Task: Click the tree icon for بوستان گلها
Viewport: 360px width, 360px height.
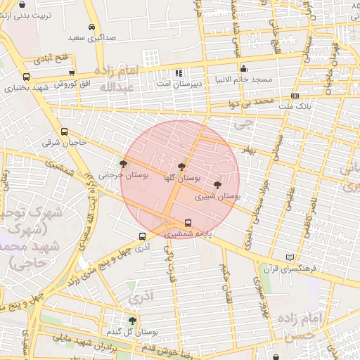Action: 182,167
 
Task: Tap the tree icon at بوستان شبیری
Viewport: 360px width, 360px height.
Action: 217,184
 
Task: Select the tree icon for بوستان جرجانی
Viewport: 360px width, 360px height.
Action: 124,164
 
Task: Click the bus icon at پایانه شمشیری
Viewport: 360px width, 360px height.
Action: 187,223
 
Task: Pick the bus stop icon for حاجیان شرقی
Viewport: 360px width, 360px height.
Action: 65,131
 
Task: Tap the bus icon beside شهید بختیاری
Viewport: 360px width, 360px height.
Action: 27,77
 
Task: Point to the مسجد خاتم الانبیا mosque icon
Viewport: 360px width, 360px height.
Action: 243,69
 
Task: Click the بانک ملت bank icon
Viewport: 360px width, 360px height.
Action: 295,96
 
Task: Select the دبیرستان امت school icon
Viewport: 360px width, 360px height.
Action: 179,72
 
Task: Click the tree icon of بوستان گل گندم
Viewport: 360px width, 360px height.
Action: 132,320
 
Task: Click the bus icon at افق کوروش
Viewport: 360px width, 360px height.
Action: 72,72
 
